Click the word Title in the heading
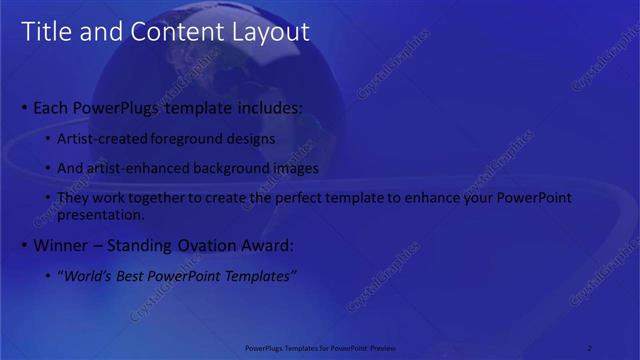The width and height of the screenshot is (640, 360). (46, 32)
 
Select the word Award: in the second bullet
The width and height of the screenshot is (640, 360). (269, 245)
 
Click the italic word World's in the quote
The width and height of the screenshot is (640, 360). (86, 276)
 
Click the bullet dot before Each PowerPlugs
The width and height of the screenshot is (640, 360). (25, 107)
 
